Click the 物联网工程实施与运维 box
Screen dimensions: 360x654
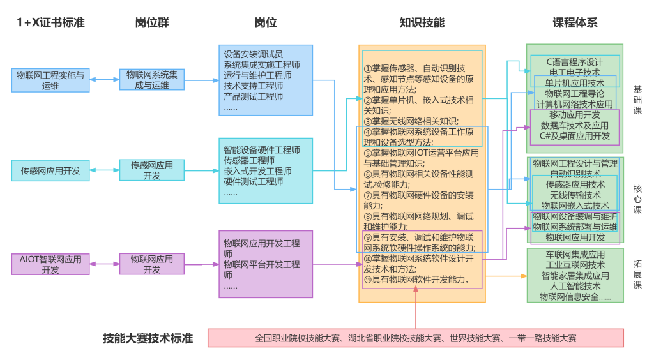[x=50, y=80]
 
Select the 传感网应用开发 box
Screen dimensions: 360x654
[x=50, y=171]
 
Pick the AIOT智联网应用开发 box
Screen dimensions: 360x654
[x=50, y=264]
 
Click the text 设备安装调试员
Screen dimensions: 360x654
[x=253, y=54]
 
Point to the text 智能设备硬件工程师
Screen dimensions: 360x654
[x=261, y=151]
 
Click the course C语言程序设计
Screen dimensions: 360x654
[x=574, y=62]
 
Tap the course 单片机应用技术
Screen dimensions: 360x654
[x=574, y=83]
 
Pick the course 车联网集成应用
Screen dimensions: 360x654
[x=574, y=255]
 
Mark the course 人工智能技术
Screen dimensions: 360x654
[x=574, y=287]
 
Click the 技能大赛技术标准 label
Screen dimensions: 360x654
[x=148, y=338]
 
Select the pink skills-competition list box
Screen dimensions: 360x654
[x=415, y=338]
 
